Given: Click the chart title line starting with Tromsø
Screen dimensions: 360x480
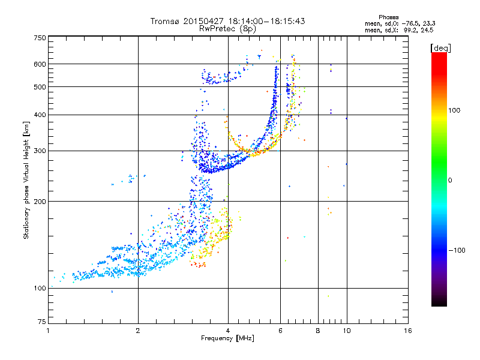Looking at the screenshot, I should [x=227, y=21].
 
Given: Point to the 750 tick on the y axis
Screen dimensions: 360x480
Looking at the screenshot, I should [x=40, y=38].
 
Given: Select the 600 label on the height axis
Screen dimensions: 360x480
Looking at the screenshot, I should [x=40, y=64].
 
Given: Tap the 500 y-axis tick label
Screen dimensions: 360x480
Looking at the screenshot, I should [x=40, y=86].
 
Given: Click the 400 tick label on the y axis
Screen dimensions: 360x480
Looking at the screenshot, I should [x=40, y=115].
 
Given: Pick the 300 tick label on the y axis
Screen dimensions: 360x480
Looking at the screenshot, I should [x=40, y=151].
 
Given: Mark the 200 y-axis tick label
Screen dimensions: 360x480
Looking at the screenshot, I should [x=40, y=201].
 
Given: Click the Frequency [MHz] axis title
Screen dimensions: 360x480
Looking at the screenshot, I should [x=227, y=338].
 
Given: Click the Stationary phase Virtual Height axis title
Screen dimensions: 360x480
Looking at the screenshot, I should [x=26, y=181].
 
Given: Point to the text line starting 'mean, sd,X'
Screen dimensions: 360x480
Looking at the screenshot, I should [x=399, y=29].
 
